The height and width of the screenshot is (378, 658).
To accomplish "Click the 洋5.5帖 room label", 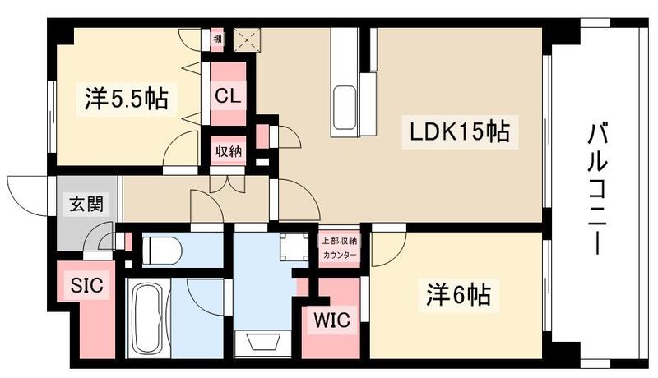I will pos(126,100).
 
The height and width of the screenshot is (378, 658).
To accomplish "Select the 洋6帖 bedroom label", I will pos(464,293).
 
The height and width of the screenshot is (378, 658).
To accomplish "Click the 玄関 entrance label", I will pos(84,203).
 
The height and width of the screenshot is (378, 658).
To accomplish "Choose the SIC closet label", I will pos(86,285).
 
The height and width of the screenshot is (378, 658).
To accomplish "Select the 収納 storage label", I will pos(229,153).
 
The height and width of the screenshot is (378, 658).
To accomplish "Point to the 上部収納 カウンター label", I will pos(339,248).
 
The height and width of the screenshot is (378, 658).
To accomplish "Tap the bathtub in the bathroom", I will pos(151,319).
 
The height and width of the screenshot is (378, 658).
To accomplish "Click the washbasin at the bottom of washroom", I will pos(262,343).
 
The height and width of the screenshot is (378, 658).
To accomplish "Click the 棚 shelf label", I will pos(217,38).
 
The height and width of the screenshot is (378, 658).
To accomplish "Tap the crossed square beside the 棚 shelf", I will pos(246,39).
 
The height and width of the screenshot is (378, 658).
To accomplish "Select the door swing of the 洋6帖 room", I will pos(385,250).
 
